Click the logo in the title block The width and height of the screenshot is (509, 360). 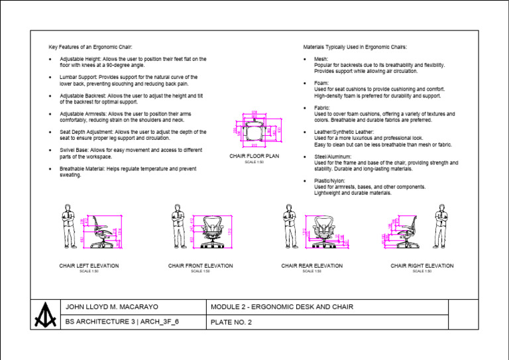[46, 314]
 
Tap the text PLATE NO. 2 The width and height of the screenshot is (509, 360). [231, 323]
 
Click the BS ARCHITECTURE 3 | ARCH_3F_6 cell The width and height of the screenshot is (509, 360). [123, 322]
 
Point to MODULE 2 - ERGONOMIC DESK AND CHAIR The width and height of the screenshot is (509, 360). [282, 306]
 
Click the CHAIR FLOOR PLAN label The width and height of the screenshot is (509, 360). [254, 156]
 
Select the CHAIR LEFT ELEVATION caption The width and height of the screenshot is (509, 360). [89, 266]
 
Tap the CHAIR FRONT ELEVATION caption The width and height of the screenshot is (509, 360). [200, 266]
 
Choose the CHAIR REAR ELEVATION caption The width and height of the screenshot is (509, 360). [311, 266]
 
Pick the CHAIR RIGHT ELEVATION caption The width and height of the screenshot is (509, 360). [422, 266]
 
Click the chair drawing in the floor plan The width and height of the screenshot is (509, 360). [254, 131]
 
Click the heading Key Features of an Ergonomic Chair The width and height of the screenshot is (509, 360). [91, 47]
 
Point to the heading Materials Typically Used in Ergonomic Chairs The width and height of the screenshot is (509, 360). [355, 47]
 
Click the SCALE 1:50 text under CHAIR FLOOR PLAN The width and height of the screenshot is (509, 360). [254, 162]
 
